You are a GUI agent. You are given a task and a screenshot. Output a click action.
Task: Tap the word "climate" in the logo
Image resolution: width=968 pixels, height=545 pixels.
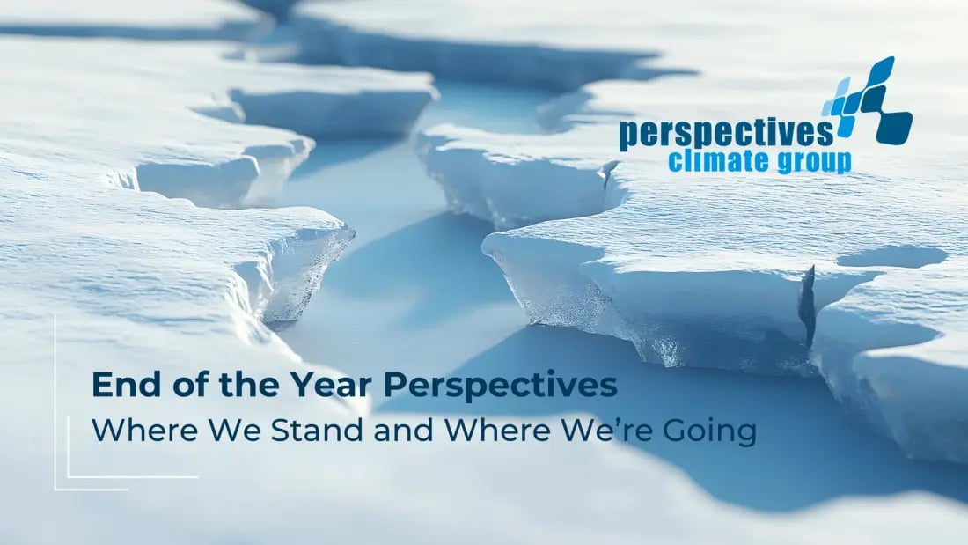click(710, 162)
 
